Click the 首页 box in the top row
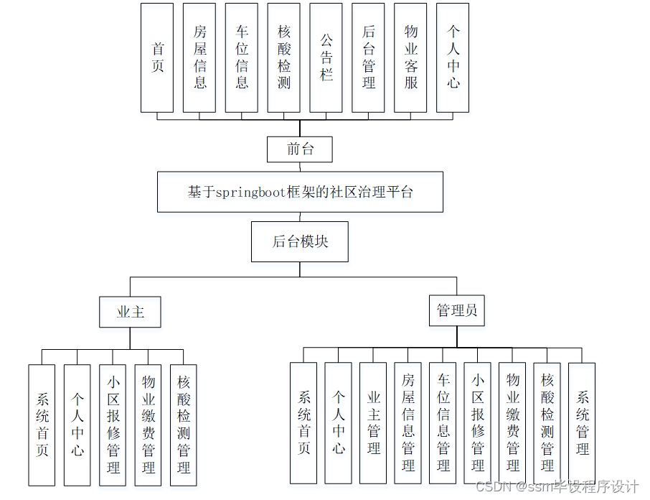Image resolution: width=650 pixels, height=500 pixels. (157, 57)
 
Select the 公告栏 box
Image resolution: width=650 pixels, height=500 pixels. (326, 57)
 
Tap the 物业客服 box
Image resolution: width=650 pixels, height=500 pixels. (410, 57)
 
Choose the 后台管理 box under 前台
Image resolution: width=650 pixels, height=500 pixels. (369, 57)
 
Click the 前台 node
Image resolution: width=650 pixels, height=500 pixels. (300, 149)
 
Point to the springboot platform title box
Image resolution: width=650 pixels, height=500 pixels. (300, 192)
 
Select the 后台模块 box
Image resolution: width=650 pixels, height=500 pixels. (300, 241)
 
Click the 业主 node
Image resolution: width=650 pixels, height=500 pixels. (130, 312)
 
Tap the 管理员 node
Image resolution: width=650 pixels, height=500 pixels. (457, 311)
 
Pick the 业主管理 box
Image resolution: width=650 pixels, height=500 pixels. (373, 422)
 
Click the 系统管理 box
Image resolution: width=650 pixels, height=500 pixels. (582, 422)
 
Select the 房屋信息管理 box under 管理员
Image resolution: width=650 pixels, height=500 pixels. (408, 422)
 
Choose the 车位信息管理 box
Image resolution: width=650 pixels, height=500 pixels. (443, 422)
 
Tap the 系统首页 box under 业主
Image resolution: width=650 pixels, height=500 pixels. (42, 425)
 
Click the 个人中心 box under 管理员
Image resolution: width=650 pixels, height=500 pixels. (339, 422)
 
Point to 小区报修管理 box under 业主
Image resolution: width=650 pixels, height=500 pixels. (113, 425)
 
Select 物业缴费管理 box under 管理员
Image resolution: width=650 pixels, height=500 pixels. (513, 422)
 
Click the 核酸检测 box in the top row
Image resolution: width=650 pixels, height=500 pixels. (284, 57)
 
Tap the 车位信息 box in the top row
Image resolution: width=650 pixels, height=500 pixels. (242, 57)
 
